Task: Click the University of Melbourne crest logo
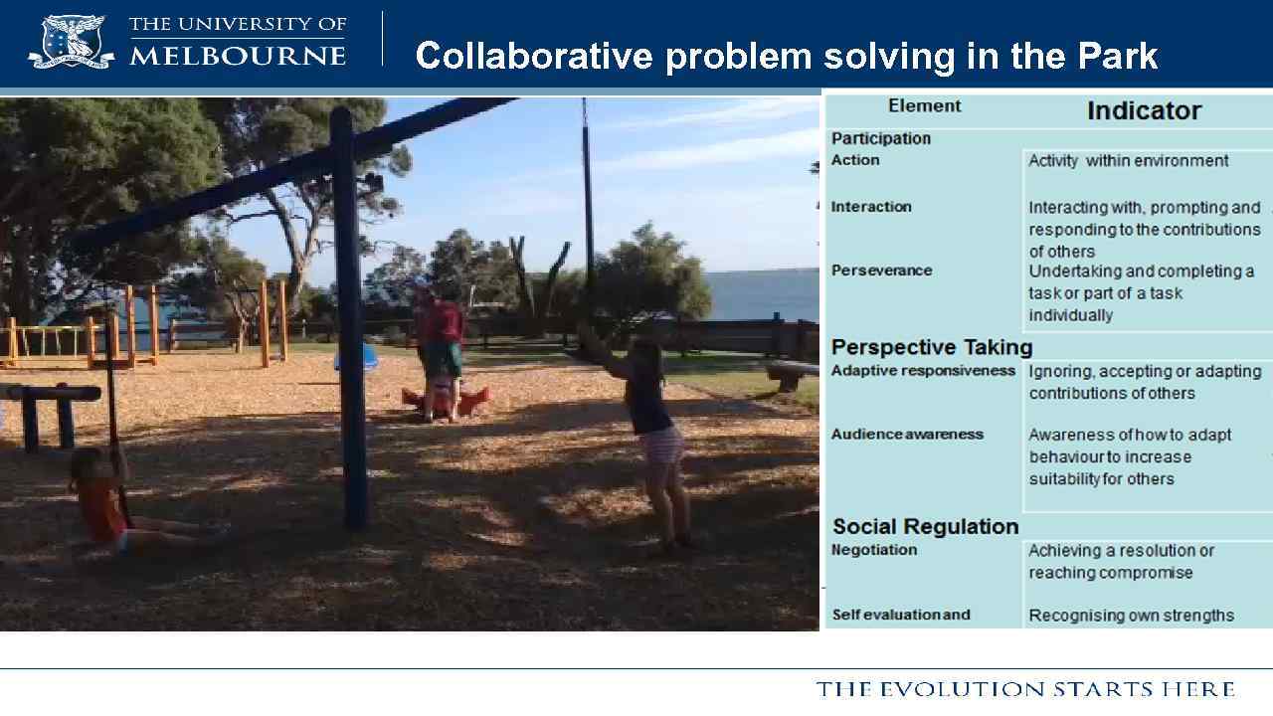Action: click(x=70, y=42)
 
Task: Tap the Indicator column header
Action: click(x=1144, y=110)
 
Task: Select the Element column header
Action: click(x=924, y=106)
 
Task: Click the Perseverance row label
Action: click(x=881, y=270)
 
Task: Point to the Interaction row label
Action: click(x=871, y=207)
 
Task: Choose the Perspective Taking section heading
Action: click(x=932, y=347)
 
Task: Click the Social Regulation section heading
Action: click(x=925, y=527)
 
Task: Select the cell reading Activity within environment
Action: click(x=1128, y=161)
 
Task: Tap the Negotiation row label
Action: click(x=874, y=550)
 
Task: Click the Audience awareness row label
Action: click(x=907, y=435)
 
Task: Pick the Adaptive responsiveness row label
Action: click(x=923, y=371)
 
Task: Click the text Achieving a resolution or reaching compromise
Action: click(x=1121, y=562)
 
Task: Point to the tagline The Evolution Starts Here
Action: click(x=1025, y=689)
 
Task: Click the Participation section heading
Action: click(x=881, y=138)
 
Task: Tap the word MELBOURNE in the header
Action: click(x=238, y=56)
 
